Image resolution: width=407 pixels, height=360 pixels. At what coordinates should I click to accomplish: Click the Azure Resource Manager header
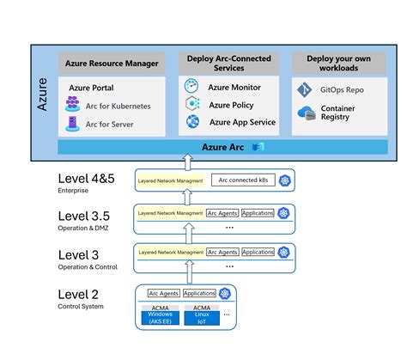click(111, 64)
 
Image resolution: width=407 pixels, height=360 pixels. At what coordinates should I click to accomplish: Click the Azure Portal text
click(91, 88)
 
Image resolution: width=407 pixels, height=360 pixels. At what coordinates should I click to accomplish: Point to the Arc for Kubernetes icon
click(73, 106)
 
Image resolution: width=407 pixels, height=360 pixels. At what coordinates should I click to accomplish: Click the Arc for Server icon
click(73, 125)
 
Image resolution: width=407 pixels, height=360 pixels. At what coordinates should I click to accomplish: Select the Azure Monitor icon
click(191, 88)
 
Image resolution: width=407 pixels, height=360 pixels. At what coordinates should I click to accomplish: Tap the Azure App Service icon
click(191, 122)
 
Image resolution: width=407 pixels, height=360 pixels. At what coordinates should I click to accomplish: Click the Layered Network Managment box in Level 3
click(170, 253)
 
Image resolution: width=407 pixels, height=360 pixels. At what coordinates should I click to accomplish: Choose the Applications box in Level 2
click(199, 293)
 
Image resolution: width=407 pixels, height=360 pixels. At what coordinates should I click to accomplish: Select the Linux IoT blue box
click(202, 317)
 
